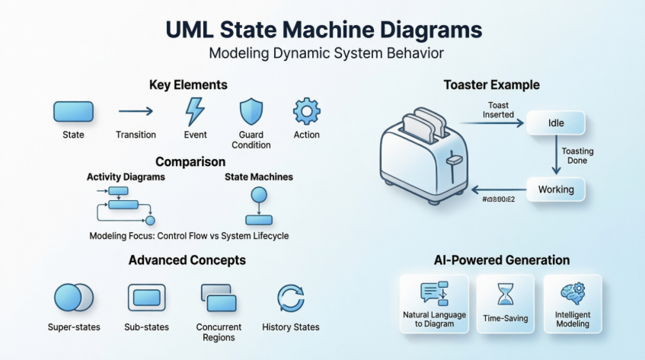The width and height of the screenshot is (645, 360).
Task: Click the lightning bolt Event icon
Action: click(195, 112)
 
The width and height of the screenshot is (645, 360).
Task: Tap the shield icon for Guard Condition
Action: click(251, 112)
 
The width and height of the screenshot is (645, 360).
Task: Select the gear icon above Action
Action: click(306, 111)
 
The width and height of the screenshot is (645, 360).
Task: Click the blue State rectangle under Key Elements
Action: click(73, 112)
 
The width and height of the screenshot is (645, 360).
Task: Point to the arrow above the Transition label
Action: click(136, 112)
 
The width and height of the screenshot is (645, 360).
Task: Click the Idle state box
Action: click(556, 123)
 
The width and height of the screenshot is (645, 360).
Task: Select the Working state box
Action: click(556, 189)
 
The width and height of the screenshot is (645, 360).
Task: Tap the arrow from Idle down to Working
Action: click(556, 156)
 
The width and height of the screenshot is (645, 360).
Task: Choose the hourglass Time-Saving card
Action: click(505, 302)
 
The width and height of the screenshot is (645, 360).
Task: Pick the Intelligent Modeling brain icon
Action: click(572, 294)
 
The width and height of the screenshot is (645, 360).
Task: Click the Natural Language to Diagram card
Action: click(434, 302)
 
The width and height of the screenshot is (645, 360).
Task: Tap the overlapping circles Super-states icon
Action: click(73, 297)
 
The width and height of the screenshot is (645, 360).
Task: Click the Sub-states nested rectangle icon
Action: click(146, 297)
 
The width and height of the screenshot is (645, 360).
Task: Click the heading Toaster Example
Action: click(491, 85)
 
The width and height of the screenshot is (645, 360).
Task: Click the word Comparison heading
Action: click(190, 161)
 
